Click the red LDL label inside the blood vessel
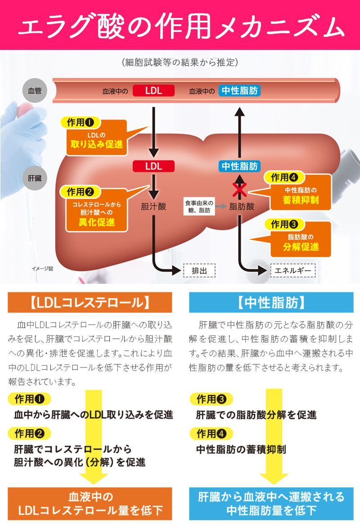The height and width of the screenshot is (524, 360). click(x=153, y=91)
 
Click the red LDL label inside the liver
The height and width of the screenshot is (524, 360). click(x=153, y=166)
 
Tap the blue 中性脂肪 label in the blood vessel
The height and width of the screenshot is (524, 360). click(x=240, y=91)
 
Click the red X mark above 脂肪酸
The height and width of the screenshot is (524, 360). click(x=239, y=190)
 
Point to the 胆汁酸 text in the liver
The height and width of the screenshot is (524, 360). click(x=153, y=206)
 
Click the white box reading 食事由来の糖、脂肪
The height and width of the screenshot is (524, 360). click(x=199, y=206)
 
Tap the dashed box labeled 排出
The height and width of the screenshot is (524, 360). click(x=199, y=271)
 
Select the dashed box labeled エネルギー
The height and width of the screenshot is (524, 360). click(x=292, y=271)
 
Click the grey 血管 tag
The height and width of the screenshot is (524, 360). click(x=34, y=91)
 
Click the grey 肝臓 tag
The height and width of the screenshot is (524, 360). click(x=34, y=178)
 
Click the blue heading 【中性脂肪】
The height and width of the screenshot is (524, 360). click(x=271, y=302)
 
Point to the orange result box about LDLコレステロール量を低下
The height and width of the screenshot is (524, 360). click(x=90, y=503)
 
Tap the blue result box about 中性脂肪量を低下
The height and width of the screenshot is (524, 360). click(x=271, y=503)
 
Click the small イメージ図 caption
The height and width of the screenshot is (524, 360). click(x=42, y=269)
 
